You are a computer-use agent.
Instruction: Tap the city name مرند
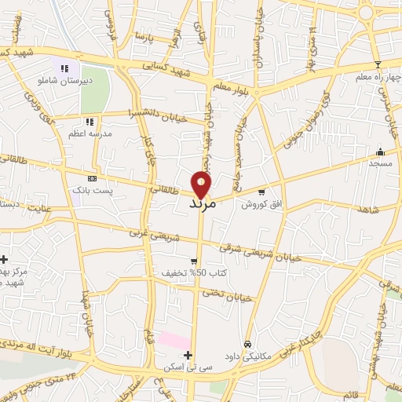coord(203,203)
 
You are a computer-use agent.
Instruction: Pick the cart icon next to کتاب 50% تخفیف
coord(194,261)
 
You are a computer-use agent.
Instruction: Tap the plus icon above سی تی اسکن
coord(188,356)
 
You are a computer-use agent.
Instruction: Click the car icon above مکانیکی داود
coord(247,344)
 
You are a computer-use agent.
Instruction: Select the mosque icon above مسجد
coord(381,152)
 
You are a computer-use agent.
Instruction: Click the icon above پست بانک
coord(93,178)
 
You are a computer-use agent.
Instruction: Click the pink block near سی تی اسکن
coord(174,341)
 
